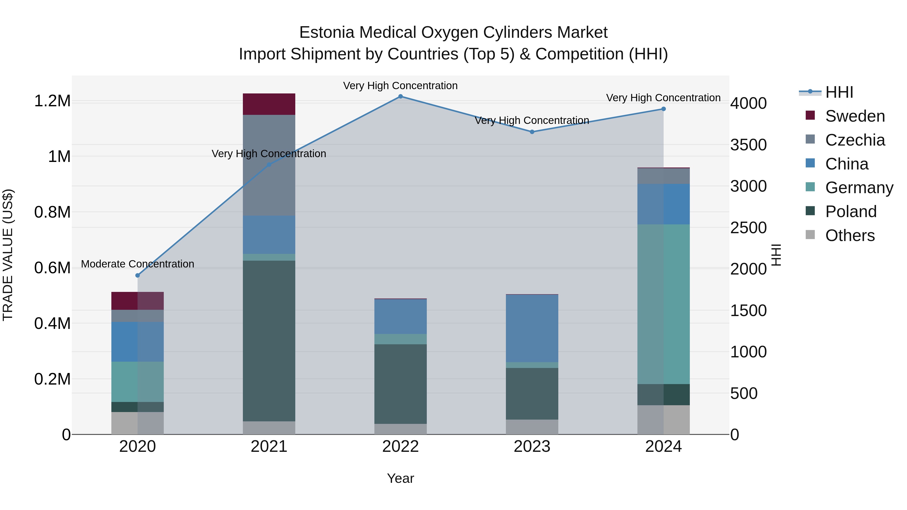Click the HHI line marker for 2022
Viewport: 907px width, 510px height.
(400, 96)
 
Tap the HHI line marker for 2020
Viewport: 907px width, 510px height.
(138, 275)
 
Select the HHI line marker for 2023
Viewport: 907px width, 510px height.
(532, 132)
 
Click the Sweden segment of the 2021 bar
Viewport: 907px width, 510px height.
(269, 104)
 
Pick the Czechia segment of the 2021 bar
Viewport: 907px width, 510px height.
(269, 165)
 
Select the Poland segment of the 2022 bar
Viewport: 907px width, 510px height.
(400, 384)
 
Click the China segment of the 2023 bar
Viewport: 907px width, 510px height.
(532, 328)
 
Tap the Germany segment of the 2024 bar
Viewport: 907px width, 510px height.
(663, 304)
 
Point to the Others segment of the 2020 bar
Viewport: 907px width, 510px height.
(138, 423)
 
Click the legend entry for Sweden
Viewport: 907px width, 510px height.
(855, 116)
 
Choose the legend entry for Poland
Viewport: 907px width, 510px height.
(851, 212)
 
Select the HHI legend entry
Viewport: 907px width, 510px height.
(839, 92)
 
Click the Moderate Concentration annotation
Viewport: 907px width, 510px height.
(138, 264)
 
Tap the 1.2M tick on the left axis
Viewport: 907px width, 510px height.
(52, 101)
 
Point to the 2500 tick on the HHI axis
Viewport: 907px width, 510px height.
(748, 228)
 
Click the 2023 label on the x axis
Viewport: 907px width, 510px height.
(532, 447)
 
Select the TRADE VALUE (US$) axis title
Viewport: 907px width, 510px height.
(8, 255)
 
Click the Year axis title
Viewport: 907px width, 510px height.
(400, 478)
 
